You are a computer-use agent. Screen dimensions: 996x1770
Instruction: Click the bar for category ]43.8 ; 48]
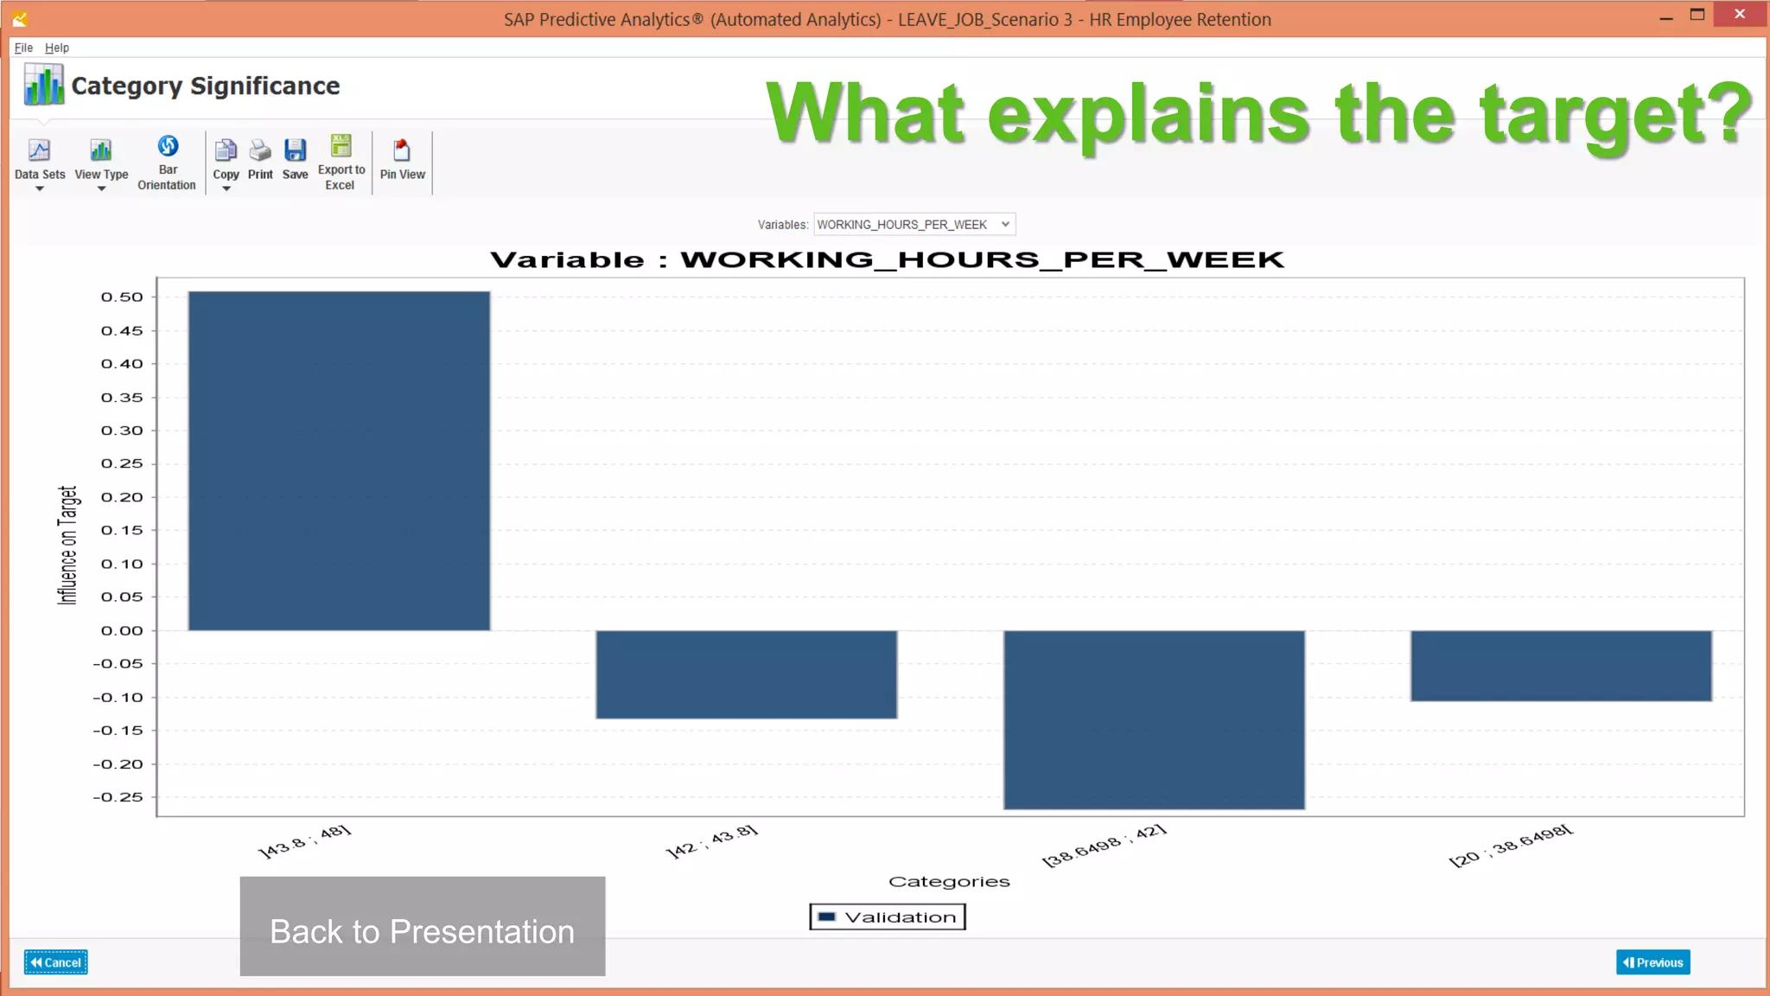[339, 461]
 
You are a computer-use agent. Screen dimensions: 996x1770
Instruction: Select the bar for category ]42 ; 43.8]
[746, 674]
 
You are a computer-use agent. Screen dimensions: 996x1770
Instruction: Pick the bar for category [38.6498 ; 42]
[1154, 719]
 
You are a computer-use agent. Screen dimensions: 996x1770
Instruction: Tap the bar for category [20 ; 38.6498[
[1561, 666]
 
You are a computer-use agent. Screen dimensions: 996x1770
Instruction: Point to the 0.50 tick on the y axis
[122, 297]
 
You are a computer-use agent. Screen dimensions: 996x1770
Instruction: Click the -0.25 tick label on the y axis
[118, 797]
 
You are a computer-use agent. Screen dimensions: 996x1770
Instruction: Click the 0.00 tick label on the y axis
[122, 631]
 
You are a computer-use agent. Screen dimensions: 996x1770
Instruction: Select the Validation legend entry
[888, 917]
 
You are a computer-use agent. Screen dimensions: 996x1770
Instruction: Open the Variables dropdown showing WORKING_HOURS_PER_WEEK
[914, 225]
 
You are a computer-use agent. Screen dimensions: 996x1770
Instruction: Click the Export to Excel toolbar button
[341, 162]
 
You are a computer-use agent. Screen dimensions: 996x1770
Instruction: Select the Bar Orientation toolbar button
[167, 162]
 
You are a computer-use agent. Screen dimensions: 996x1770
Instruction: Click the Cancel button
[56, 962]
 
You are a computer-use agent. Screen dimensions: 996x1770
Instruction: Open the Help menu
[57, 48]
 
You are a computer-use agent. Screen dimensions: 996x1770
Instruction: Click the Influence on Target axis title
[67, 545]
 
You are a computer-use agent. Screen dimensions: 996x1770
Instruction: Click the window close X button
[1740, 15]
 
